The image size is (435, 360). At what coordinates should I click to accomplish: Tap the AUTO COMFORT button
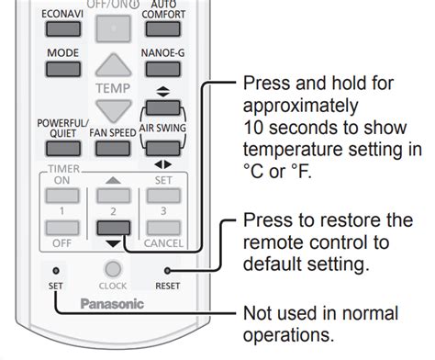[162, 29]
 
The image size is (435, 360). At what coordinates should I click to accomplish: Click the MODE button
[63, 69]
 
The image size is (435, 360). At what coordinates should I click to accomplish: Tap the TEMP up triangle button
[114, 65]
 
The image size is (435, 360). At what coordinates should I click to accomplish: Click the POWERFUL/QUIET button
[63, 149]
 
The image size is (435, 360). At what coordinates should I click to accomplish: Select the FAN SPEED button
[113, 149]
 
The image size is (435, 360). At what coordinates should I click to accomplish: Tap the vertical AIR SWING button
[162, 107]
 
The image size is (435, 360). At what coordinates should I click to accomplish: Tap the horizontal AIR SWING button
[162, 149]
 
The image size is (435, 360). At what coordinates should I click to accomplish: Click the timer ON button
[62, 196]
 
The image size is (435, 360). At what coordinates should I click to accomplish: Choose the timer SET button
[163, 196]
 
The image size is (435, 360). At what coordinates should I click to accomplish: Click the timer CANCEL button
[163, 228]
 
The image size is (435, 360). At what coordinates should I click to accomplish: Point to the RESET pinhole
[167, 271]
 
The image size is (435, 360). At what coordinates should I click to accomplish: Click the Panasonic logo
[112, 304]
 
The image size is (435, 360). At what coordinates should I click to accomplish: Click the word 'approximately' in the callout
[300, 106]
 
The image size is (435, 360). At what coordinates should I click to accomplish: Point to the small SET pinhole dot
[56, 271]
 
